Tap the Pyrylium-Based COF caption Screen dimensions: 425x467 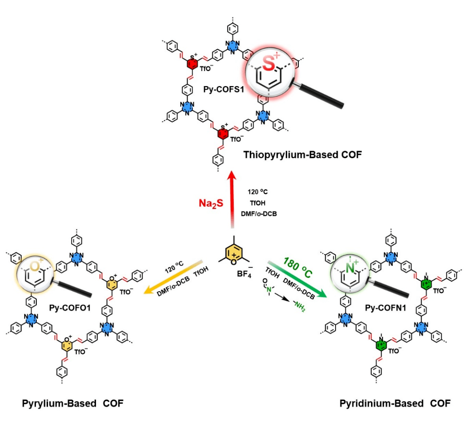[x=73, y=403]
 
